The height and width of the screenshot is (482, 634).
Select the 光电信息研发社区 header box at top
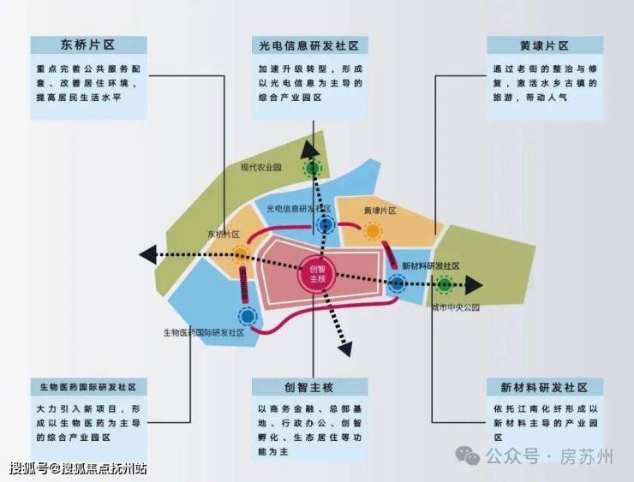coord(310,45)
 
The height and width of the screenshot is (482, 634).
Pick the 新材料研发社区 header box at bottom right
coord(544,386)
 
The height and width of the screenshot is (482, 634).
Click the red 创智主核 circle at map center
coord(314,274)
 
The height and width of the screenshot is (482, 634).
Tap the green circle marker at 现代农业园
coord(313,169)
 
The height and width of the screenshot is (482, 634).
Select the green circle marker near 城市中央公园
coord(445,285)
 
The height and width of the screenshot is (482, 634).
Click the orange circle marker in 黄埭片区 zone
coord(373,231)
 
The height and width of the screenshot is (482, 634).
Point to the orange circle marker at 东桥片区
coord(242,253)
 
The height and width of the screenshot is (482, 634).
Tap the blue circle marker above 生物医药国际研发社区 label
coord(248,316)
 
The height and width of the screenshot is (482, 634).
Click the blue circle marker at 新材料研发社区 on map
coord(397,283)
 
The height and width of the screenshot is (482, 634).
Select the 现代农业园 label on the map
coord(260,168)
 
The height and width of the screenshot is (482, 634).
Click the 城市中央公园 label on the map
coord(455,306)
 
